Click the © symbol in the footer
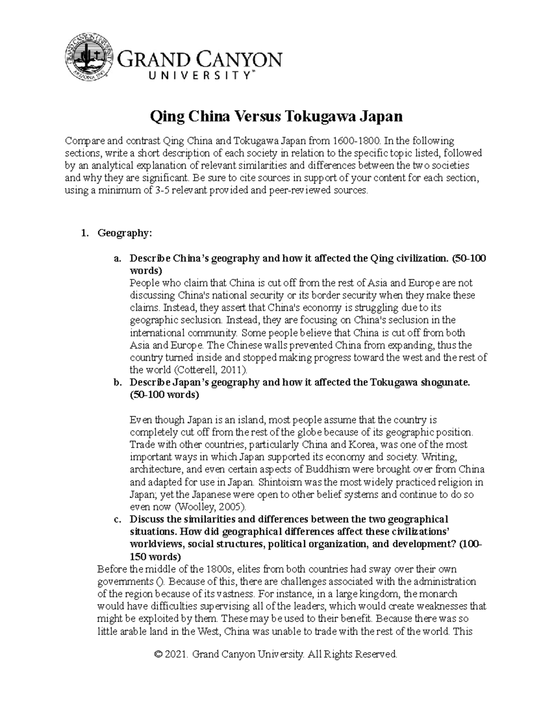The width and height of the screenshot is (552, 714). coord(159,654)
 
